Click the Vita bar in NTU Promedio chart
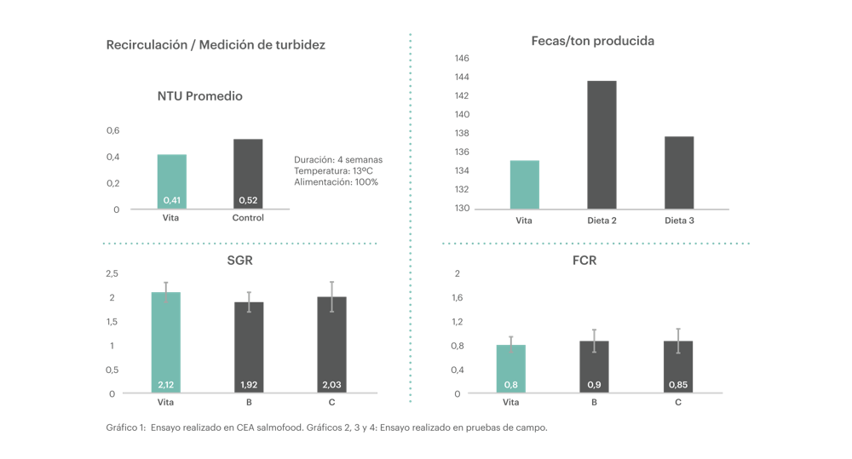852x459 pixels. pos(171,181)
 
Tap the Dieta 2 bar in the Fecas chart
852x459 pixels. pos(602,144)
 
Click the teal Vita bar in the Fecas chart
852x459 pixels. pos(524,184)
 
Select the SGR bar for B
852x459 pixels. pos(249,347)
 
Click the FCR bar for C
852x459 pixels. pos(678,367)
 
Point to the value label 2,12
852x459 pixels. pos(166,385)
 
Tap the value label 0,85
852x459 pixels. pos(678,385)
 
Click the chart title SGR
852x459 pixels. pos(241,261)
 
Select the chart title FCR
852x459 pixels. pos(584,261)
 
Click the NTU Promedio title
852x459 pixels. pos(199,96)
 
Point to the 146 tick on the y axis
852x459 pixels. pos(462,59)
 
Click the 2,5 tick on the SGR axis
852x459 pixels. pos(112,273)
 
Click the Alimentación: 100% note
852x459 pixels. pos(336,181)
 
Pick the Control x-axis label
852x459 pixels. pos(248,218)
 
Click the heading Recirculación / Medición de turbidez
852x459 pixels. pos(215,45)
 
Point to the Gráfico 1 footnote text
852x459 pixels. pos(325,427)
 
